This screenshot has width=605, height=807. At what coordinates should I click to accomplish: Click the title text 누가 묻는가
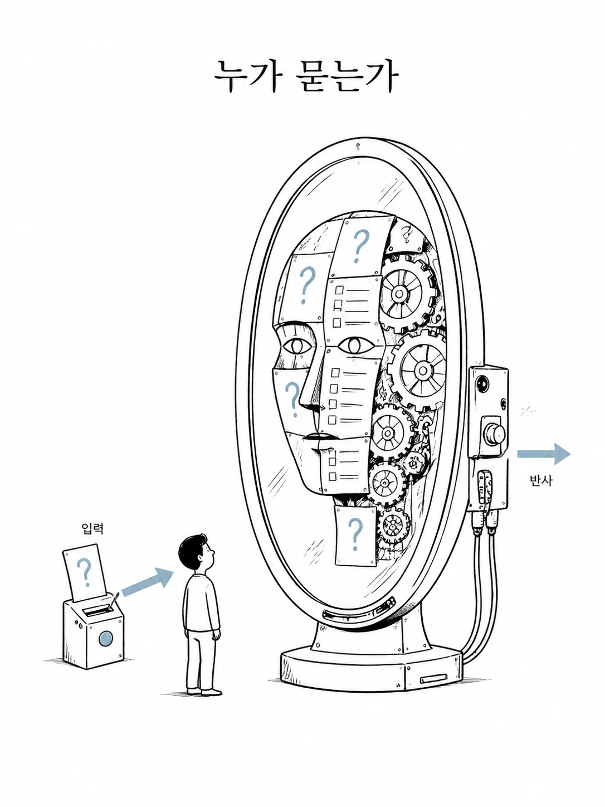[x=306, y=77]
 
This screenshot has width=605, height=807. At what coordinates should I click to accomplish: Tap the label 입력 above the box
[x=92, y=528]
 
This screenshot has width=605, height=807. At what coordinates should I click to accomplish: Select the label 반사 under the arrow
[x=540, y=480]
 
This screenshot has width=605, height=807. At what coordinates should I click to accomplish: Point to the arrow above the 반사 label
[x=544, y=454]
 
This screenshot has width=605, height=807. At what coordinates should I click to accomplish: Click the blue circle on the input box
[x=105, y=638]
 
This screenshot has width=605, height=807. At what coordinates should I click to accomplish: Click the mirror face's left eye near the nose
[x=296, y=346]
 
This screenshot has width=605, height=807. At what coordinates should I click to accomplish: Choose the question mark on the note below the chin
[x=354, y=533]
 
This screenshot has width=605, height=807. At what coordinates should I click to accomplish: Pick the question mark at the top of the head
[x=360, y=246]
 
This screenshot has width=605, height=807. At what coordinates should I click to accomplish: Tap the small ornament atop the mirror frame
[x=357, y=147]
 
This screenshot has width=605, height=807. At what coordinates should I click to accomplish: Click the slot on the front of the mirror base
[x=433, y=679]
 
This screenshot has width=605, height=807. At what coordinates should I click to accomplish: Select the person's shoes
[x=204, y=692]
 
